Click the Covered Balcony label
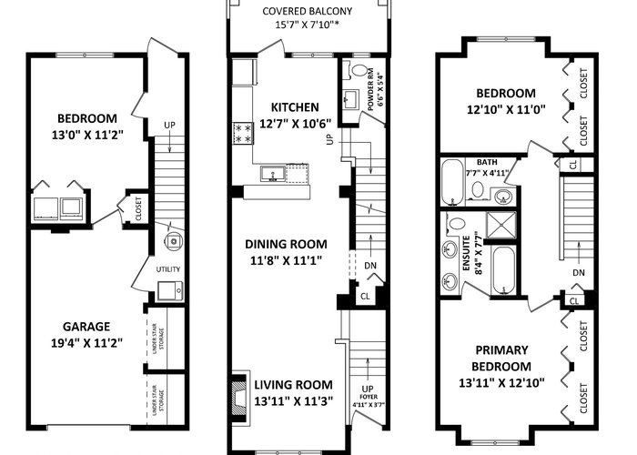[x=308, y=11]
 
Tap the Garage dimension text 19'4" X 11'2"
[x=87, y=343]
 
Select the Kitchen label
[x=295, y=107]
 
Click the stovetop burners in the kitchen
[x=243, y=134]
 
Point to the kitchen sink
[x=273, y=174]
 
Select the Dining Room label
[x=286, y=244]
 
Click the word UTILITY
[x=168, y=269]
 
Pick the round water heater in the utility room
[x=174, y=241]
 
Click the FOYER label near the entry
[x=368, y=397]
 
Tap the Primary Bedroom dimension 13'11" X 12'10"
[x=501, y=383]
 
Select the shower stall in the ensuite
[x=500, y=225]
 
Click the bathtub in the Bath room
[x=452, y=182]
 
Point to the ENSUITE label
[x=466, y=254]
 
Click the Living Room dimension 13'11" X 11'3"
[x=294, y=401]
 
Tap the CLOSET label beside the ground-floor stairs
[x=138, y=208]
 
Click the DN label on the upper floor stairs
[x=579, y=273]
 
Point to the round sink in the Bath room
[x=504, y=197]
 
